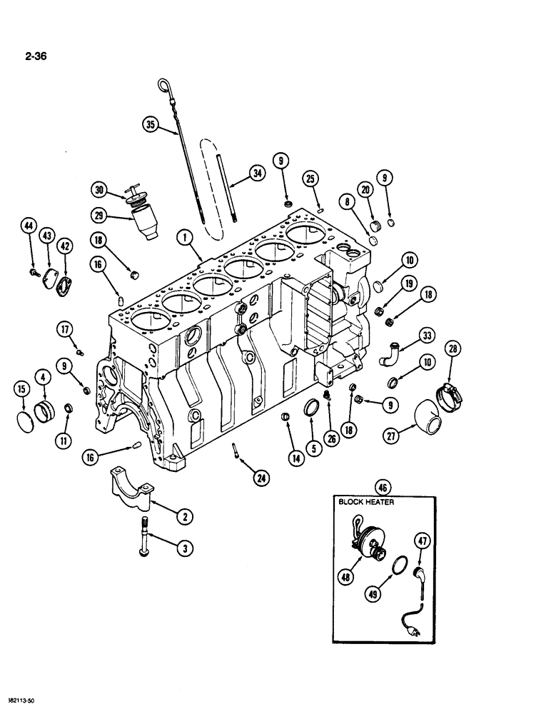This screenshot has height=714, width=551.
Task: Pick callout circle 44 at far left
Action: pyautogui.click(x=29, y=227)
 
